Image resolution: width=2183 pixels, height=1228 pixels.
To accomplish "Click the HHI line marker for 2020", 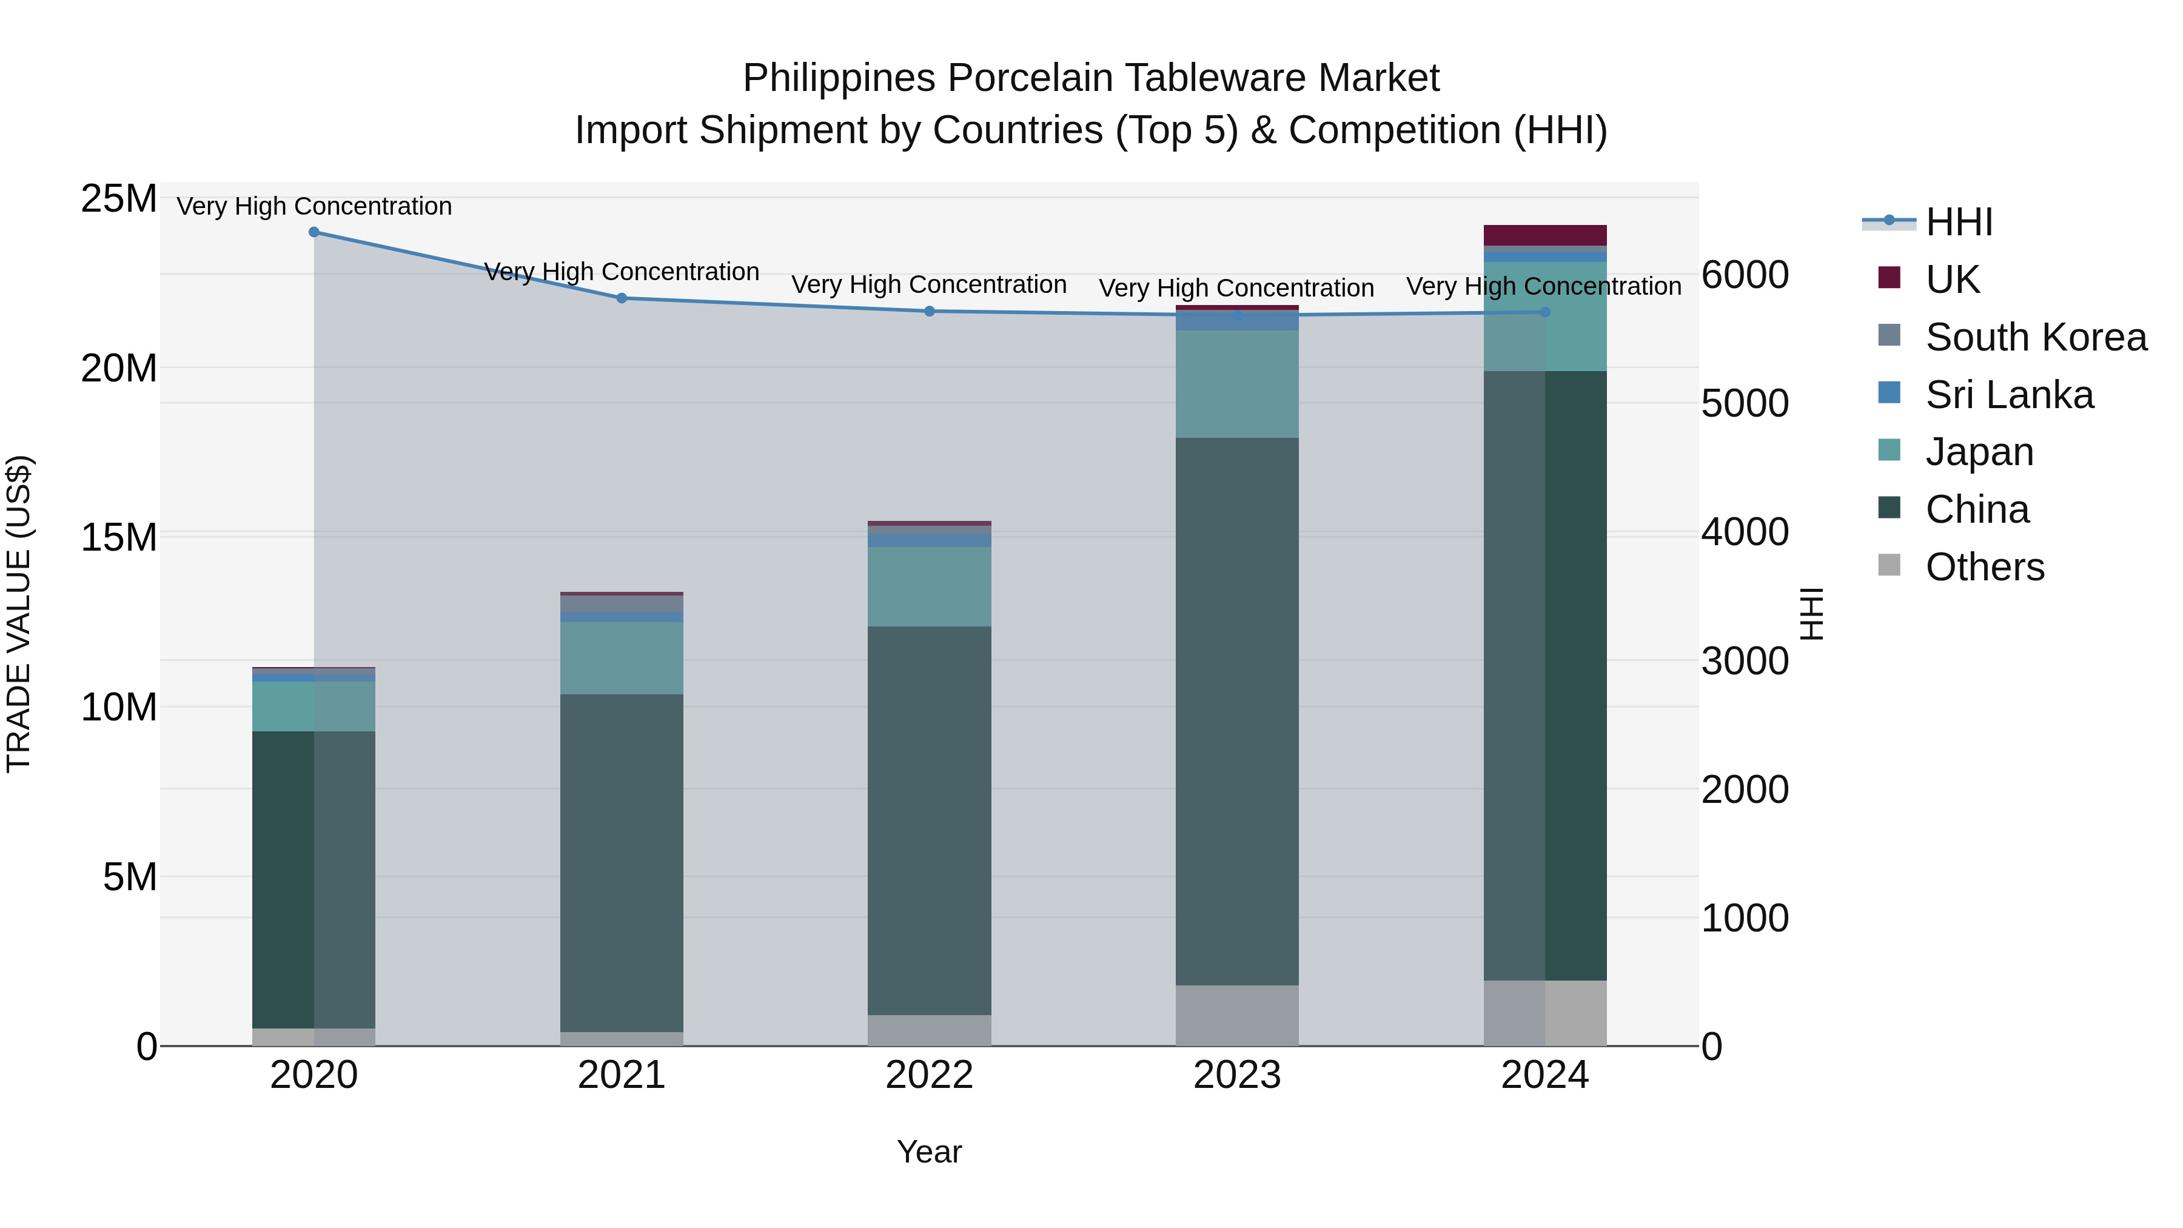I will [314, 232].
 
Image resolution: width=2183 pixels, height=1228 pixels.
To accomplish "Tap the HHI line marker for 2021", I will [621, 298].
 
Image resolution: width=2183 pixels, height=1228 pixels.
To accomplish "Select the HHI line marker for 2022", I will [929, 311].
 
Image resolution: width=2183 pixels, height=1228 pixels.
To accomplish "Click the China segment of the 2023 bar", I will [1236, 712].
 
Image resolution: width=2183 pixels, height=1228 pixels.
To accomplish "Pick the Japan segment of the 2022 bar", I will [929, 586].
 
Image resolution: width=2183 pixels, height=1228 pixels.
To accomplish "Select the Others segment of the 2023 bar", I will [1236, 1015].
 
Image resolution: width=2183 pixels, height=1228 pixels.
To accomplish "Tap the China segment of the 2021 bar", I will [621, 863].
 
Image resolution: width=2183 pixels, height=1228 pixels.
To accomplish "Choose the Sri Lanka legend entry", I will [2008, 395].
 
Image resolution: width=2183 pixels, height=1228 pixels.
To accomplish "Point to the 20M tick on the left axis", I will [119, 369].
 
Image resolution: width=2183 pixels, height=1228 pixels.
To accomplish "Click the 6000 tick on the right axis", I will [1744, 275].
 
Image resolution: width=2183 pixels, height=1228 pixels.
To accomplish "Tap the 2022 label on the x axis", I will [929, 1075].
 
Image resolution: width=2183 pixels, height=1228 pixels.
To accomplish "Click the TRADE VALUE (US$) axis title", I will [19, 614].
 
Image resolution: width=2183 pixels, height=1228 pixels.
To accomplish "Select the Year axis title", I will [929, 1152].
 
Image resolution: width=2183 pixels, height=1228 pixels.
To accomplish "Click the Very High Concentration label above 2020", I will [314, 206].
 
